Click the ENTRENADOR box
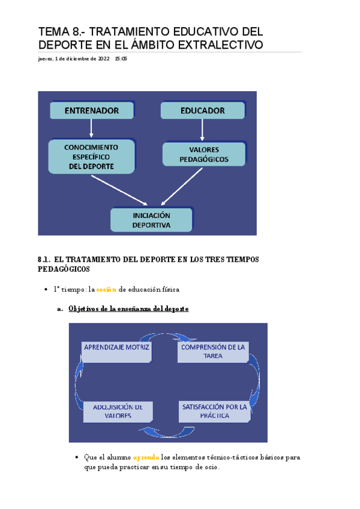point(92,110)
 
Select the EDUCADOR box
point(203,110)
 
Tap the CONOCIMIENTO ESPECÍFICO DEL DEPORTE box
point(91,156)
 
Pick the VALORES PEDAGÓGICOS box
point(204,154)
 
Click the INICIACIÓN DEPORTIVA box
point(151,220)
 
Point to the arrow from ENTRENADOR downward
point(91,128)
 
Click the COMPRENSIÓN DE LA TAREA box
point(213,352)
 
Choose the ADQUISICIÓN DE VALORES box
point(118,411)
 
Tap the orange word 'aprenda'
point(147,457)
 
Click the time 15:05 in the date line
point(121,59)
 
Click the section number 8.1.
point(43,259)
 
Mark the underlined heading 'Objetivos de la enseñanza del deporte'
point(128,309)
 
